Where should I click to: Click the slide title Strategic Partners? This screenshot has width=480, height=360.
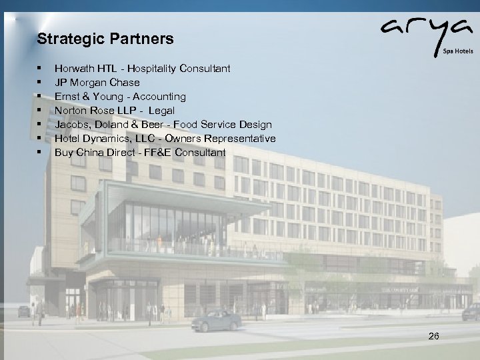(x=105, y=39)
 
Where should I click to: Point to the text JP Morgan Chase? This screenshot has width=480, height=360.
(x=97, y=82)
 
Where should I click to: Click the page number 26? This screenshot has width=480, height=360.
(x=433, y=337)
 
